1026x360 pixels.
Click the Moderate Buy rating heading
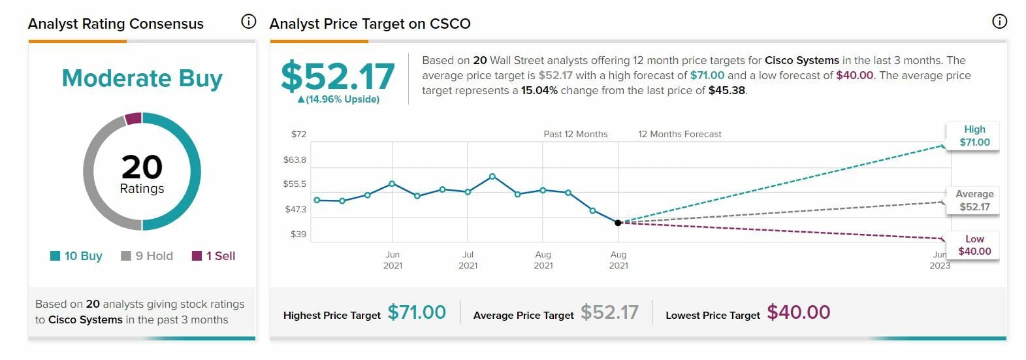[x=142, y=78]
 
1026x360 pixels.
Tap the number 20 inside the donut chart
[x=142, y=167]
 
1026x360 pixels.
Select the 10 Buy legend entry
[x=76, y=256]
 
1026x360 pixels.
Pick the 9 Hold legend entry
[x=148, y=256]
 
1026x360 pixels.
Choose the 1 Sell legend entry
[x=214, y=256]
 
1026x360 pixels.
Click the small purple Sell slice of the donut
[x=133, y=118]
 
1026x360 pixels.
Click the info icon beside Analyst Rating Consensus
[x=248, y=22]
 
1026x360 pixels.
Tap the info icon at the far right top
[x=999, y=22]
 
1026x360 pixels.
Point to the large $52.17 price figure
[x=338, y=76]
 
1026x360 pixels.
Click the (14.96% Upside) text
[x=338, y=99]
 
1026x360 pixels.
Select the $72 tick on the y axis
[x=298, y=135]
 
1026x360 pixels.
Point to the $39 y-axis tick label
[x=298, y=234]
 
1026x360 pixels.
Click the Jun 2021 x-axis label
[x=393, y=260]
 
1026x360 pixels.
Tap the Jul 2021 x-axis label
[x=468, y=260]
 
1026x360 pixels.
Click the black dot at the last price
[x=618, y=223]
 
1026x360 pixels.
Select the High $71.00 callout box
[x=974, y=136]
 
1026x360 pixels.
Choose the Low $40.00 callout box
[x=974, y=245]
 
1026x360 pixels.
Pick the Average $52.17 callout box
[x=974, y=201]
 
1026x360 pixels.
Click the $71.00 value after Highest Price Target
[x=417, y=312]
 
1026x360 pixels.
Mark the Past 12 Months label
[x=575, y=135]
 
